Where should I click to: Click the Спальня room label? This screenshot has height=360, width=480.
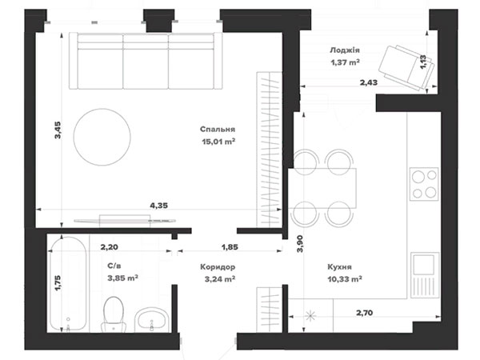[218, 129]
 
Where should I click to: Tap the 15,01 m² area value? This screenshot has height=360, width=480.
[218, 142]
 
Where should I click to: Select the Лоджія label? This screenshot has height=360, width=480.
[345, 50]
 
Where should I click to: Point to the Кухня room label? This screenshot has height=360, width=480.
[339, 266]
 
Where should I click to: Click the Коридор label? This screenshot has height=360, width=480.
[218, 266]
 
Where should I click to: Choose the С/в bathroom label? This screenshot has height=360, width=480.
[116, 266]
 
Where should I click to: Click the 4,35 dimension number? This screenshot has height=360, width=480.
[159, 206]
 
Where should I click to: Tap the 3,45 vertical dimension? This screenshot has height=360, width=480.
[58, 130]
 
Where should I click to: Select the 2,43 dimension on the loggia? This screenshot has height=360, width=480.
[369, 82]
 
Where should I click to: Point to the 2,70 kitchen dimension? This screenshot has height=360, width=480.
[364, 313]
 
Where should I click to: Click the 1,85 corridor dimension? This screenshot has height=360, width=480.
[230, 247]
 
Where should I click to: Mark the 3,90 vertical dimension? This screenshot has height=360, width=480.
[300, 244]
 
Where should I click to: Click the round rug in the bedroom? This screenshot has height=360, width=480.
[102, 137]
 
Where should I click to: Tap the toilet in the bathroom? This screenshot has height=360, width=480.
[114, 314]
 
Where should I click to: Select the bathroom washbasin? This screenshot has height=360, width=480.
[151, 320]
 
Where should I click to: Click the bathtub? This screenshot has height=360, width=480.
[68, 283]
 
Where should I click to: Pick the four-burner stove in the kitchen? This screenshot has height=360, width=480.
[424, 184]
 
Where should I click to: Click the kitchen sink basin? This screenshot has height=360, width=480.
[424, 265]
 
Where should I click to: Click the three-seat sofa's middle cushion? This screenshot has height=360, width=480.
[146, 62]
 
